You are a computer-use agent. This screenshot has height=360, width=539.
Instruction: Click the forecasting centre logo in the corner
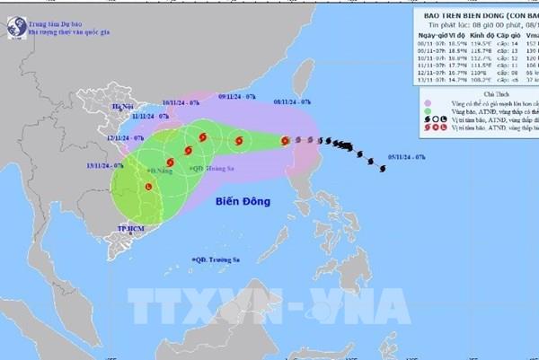[x=14, y=22]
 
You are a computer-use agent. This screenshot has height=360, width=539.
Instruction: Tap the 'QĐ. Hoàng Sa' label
[x=216, y=168]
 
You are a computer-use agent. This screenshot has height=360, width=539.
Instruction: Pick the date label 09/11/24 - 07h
[x=237, y=95]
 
